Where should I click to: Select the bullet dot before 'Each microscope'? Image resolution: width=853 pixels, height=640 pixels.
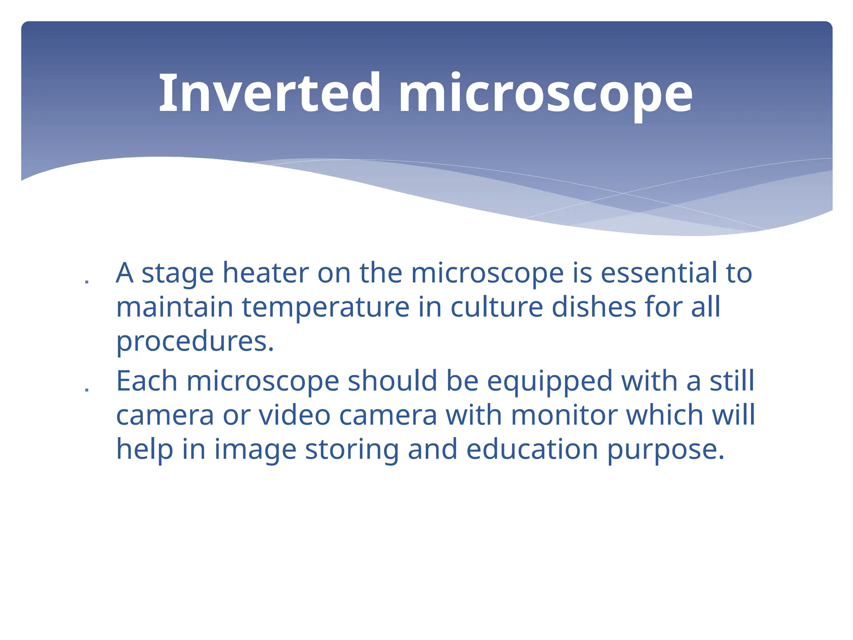87,391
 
